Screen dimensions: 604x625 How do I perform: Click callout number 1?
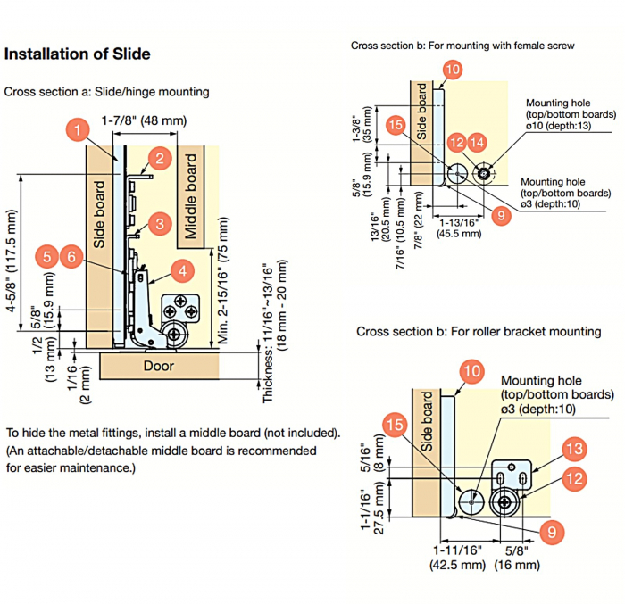click(x=79, y=132)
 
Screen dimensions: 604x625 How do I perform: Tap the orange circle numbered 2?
click(x=159, y=159)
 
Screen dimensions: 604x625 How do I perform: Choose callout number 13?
click(x=574, y=448)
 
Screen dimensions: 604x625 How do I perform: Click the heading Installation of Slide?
click(x=78, y=54)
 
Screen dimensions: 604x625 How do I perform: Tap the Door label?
click(x=159, y=365)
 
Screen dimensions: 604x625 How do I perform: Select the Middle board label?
click(x=190, y=196)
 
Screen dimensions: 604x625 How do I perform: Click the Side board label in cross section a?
click(x=100, y=214)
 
